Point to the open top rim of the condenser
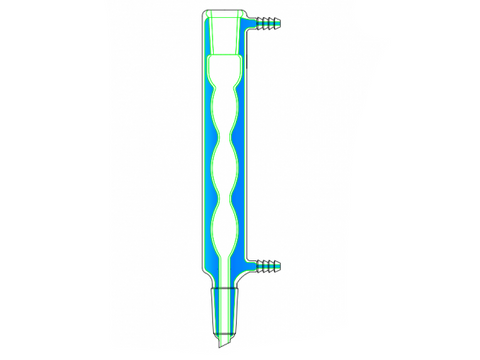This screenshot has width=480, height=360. [224, 12]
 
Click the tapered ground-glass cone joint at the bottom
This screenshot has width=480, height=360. [226, 306]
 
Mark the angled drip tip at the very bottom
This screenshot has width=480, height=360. [222, 340]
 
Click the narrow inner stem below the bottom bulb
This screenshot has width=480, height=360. [226, 268]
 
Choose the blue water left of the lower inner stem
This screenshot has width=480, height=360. [211, 268]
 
